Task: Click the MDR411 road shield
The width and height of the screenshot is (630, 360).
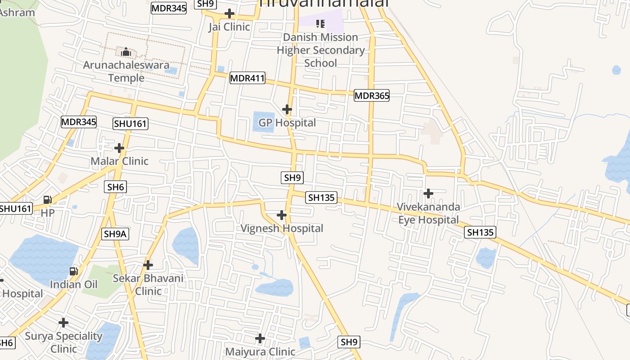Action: pos(247,78)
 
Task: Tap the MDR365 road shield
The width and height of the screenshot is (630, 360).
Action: pos(371,95)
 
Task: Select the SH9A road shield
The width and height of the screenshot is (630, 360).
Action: pos(116,234)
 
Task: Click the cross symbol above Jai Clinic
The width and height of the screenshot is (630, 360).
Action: pos(229,13)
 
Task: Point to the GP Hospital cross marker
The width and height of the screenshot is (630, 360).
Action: pos(287,109)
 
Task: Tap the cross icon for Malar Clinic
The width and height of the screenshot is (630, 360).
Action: pos(119,148)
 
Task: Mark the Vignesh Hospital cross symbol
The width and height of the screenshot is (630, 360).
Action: pos(282,215)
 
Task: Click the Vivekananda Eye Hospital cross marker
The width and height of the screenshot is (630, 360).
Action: pos(428,193)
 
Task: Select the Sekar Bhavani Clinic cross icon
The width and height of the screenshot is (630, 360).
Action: pos(148,265)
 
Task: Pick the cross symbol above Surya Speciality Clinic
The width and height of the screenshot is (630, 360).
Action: pos(63,323)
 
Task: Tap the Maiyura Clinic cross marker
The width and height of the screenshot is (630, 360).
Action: pos(260,338)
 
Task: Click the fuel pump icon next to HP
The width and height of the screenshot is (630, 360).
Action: pos(47,199)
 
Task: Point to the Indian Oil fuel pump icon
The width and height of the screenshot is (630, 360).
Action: pos(73,271)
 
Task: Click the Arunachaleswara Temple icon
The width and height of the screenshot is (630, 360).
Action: pos(126,52)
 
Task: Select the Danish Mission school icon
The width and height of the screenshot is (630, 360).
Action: pos(320,23)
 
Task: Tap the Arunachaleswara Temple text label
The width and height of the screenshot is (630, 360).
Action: pos(126,72)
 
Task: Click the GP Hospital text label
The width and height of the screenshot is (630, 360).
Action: pos(287,123)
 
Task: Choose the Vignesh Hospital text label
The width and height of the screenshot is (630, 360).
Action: pos(282,229)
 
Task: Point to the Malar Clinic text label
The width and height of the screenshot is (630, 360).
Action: pos(119,161)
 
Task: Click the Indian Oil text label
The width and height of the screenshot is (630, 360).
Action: pos(73,284)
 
